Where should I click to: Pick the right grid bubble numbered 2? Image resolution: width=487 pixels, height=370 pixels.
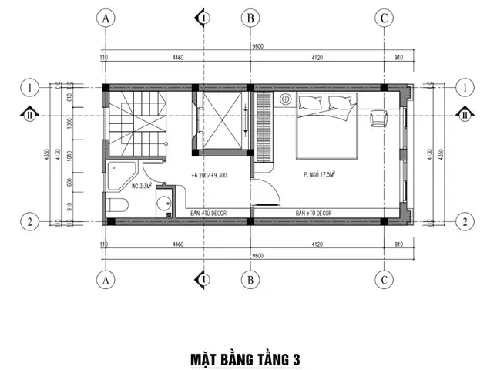click(x=464, y=222)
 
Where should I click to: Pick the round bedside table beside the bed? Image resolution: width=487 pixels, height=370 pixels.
click(x=285, y=99)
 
